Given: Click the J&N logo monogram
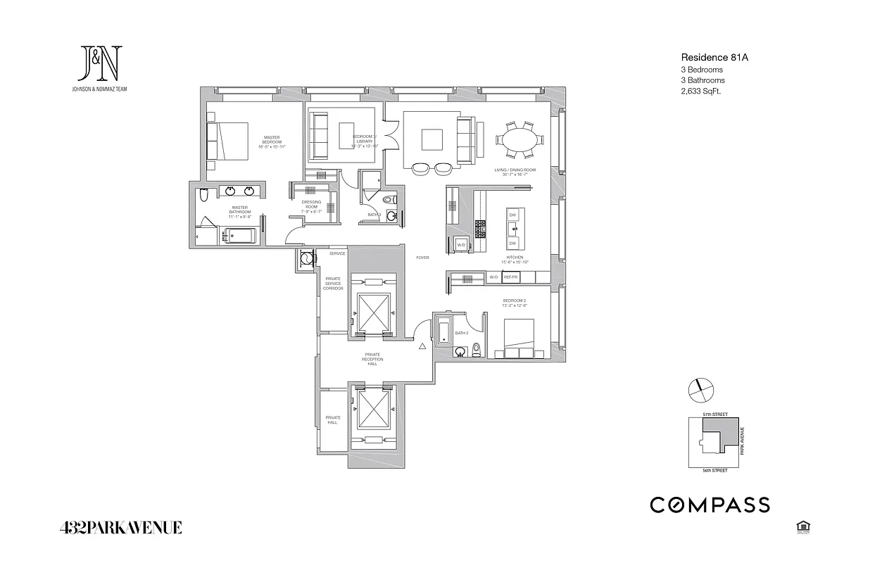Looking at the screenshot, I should click(101, 64).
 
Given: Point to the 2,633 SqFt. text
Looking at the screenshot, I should click(701, 91).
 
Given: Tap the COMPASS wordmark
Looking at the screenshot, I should click(709, 505).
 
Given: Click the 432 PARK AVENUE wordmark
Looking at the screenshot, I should click(121, 527).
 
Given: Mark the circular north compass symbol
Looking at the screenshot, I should click(702, 388).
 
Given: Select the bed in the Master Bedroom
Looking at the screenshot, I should click(228, 142).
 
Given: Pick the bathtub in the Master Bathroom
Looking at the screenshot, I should click(240, 235).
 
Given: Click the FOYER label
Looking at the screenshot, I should click(422, 258).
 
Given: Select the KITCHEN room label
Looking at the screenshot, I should click(515, 258).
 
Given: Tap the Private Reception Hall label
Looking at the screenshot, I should click(373, 359).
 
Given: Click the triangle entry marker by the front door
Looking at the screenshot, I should click(422, 346).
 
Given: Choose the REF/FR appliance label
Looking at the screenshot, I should click(510, 278).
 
